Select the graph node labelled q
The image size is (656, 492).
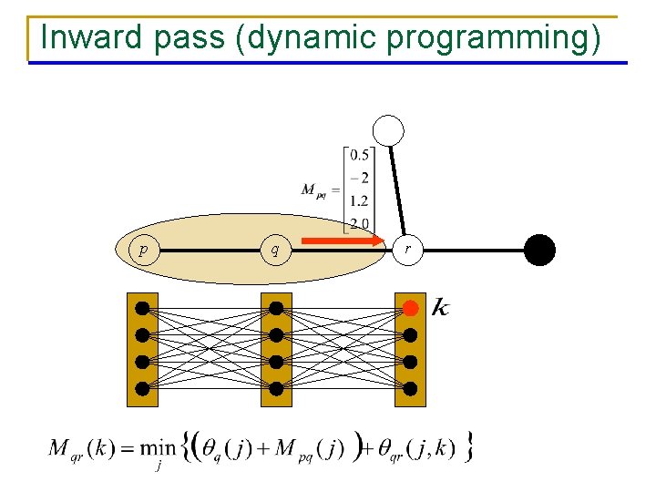point(275,248)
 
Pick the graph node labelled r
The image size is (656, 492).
point(407,248)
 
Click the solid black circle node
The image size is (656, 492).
point(539,249)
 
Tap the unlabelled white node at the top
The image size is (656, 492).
point(390,130)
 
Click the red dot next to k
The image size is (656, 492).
point(411,308)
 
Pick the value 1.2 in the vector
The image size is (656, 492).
point(359,200)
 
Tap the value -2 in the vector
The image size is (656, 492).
point(358,177)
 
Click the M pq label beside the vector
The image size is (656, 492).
point(316,190)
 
